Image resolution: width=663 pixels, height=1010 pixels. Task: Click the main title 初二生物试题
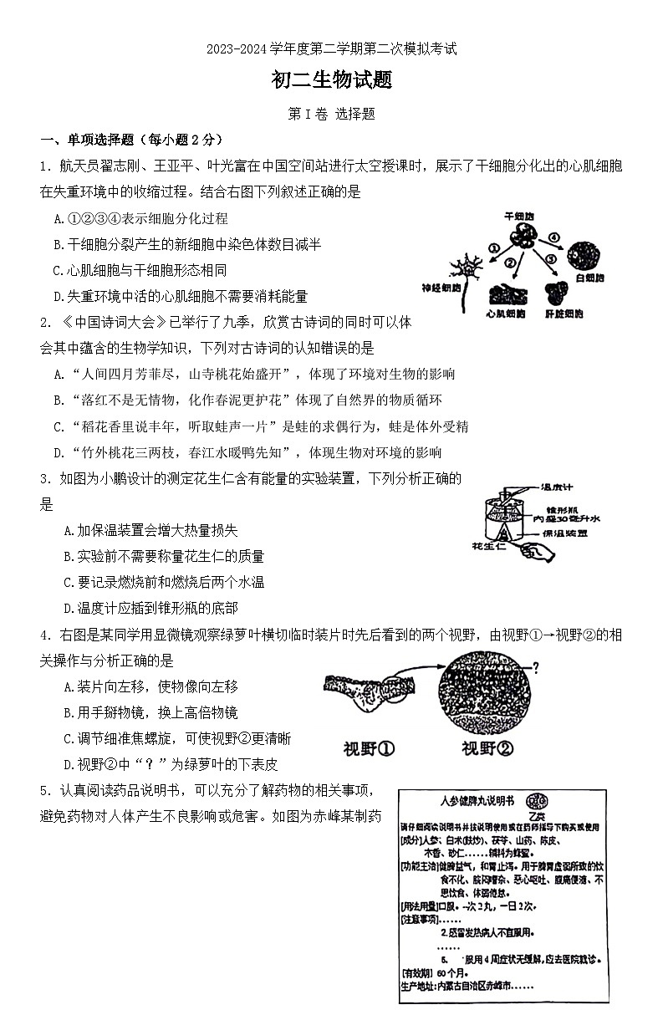pos(331,80)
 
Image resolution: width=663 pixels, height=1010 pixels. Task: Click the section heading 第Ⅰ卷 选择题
pos(331,115)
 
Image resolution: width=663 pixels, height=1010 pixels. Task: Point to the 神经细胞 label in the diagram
pos(442,288)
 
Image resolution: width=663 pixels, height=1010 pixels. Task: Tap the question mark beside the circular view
pos(535,666)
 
